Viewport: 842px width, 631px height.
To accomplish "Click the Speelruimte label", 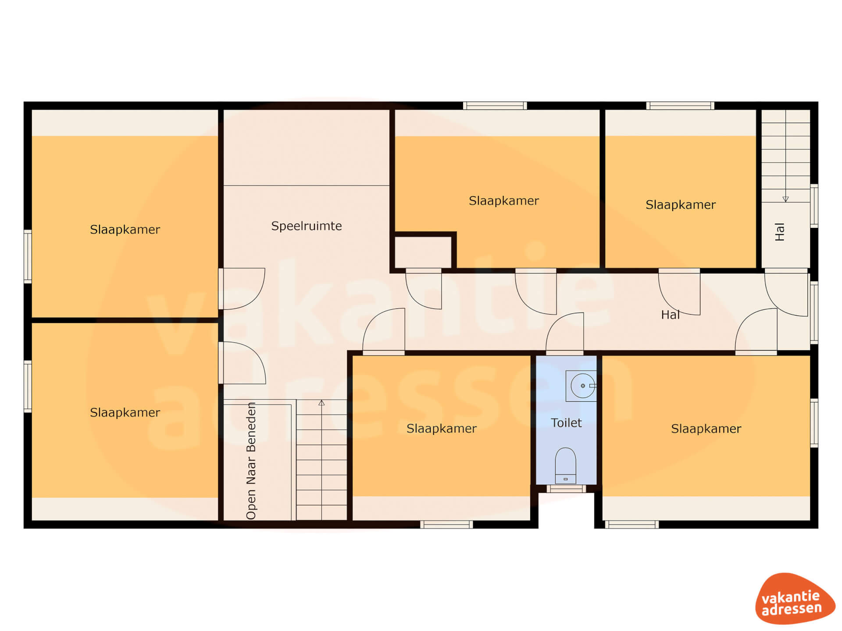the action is tap(306, 226).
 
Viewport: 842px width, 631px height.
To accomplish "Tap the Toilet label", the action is tap(566, 423).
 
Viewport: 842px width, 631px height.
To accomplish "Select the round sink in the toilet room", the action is tap(582, 386).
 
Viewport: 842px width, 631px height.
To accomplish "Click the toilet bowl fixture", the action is tap(565, 465).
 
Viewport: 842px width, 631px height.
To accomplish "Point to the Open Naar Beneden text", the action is tap(251, 461).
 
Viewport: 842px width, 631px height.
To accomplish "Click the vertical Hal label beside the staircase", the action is tap(779, 232).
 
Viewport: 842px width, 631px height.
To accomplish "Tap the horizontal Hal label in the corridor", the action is tap(670, 315).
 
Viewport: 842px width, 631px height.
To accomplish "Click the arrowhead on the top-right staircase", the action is tap(785, 199).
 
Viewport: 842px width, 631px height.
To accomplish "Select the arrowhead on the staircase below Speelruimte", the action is tap(321, 403).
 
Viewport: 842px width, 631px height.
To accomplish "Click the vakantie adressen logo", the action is tap(795, 599).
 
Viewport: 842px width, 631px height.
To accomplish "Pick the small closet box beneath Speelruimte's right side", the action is tap(423, 252).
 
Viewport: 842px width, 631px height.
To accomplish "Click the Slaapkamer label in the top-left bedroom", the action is tap(125, 230).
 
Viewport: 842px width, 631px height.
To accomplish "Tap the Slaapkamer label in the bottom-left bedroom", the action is tap(125, 413).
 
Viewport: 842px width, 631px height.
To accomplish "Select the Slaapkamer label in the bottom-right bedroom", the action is tap(706, 429).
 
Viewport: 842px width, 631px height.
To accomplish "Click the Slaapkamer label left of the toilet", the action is tap(442, 429).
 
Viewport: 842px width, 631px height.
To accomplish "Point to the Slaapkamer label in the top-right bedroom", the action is tap(681, 205).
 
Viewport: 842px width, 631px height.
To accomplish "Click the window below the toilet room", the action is tap(566, 489).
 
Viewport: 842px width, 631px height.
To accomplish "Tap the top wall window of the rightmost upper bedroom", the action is tap(680, 106).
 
